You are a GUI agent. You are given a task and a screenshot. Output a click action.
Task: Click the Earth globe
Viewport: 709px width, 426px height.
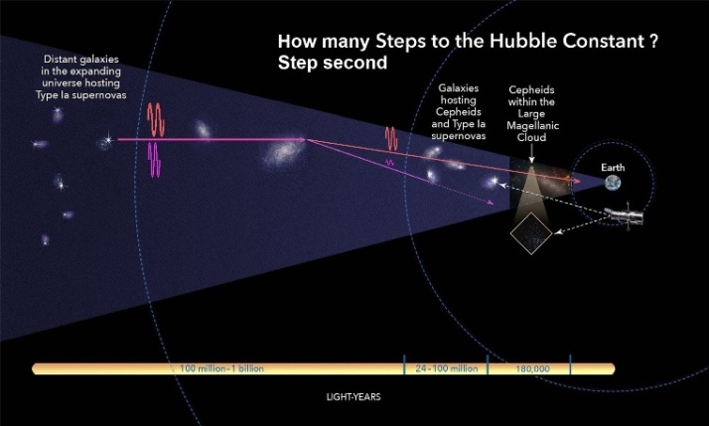[x=613, y=183]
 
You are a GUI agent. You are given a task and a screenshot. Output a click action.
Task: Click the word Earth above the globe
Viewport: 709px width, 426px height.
[x=613, y=168]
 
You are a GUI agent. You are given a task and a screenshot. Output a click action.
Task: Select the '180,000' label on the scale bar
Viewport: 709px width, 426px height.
[x=532, y=369]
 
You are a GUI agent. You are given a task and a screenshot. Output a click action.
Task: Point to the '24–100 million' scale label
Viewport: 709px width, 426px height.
[x=447, y=368]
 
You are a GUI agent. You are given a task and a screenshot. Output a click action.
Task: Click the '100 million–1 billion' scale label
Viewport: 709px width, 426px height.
[x=221, y=368]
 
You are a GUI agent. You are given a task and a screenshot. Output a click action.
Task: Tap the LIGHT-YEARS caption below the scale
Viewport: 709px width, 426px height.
[x=354, y=397]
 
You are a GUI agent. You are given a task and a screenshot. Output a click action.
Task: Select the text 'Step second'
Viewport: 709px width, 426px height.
[x=333, y=63]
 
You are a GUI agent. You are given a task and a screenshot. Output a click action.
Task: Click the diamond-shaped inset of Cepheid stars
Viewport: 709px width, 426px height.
[x=531, y=233]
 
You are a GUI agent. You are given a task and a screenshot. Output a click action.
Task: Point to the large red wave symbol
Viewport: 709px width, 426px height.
[x=156, y=119]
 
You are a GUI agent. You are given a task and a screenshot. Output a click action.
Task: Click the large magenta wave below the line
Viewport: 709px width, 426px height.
[x=155, y=160]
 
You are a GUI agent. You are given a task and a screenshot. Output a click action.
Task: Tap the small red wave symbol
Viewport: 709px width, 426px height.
[x=391, y=139]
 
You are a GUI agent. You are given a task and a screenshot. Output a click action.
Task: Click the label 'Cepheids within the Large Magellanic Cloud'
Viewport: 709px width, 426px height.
[x=532, y=113]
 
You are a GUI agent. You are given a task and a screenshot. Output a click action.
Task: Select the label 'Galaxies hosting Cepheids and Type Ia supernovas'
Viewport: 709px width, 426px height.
[x=459, y=111]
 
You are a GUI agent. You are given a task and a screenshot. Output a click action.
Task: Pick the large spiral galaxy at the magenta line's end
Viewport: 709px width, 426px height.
[x=284, y=152]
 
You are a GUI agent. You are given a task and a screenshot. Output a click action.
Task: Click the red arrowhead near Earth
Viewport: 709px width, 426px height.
[x=576, y=181]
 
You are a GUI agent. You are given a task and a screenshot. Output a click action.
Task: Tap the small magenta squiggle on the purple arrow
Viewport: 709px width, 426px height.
[x=389, y=162]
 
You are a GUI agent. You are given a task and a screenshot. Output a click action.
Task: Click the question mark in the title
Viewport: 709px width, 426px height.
[x=653, y=41]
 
